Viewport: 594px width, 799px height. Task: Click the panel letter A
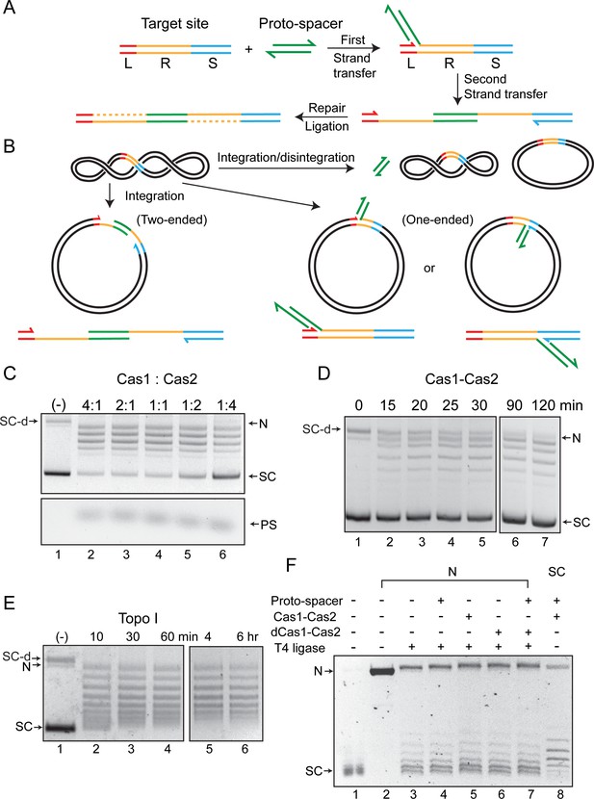click(x=10, y=8)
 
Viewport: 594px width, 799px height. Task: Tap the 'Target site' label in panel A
click(x=175, y=24)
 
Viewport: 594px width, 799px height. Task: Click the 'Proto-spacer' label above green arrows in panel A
click(x=300, y=24)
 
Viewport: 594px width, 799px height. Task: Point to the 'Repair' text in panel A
click(x=327, y=108)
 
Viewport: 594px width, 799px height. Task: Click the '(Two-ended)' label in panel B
click(x=171, y=220)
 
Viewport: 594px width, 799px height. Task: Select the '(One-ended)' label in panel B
click(x=438, y=220)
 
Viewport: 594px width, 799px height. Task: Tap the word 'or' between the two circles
click(x=429, y=268)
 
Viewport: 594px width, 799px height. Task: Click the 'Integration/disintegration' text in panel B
click(x=286, y=158)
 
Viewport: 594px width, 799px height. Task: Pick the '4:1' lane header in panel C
click(x=90, y=405)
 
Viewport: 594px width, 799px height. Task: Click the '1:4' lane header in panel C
click(x=222, y=405)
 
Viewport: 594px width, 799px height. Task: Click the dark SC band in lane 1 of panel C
click(x=57, y=473)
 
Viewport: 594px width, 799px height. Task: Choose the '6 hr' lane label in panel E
click(x=245, y=636)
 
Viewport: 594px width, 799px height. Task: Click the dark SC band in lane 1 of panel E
click(x=59, y=728)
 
